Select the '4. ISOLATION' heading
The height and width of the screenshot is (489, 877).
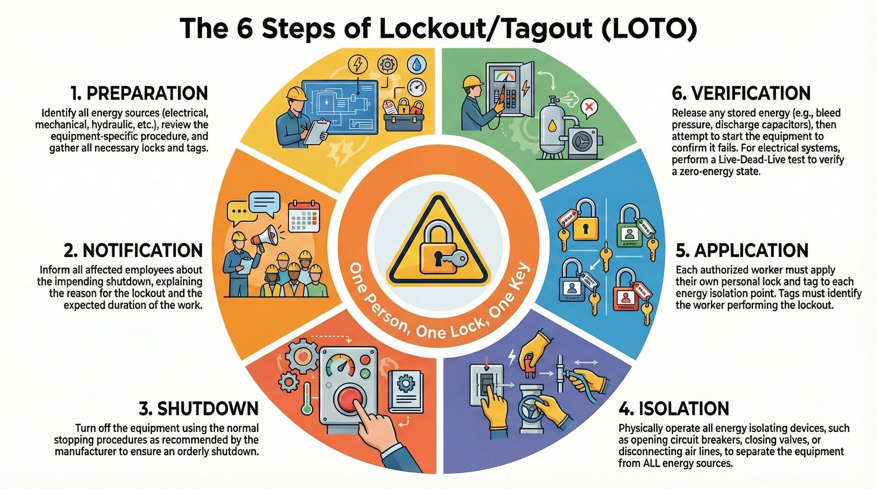coord(674,408)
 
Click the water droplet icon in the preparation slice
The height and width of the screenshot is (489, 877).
coord(415,65)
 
